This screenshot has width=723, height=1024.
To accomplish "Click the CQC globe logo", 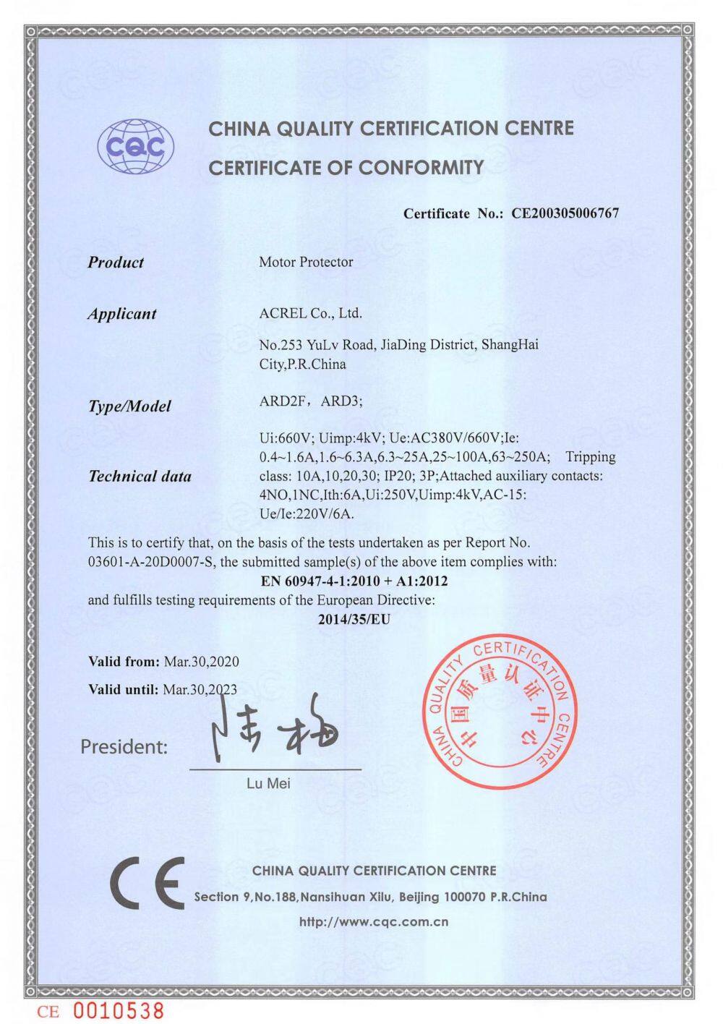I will coord(137,147).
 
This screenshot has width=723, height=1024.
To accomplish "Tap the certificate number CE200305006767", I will coord(565,213).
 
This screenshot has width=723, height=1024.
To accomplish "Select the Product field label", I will coord(116,263).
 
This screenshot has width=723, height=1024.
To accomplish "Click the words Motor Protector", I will coord(306,262).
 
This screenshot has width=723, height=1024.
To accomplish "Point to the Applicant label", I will coord(121,314).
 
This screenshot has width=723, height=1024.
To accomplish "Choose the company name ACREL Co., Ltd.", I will coord(310,313).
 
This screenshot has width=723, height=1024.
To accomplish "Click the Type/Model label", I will coord(129,406).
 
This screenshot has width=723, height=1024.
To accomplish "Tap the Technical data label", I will coord(140,476).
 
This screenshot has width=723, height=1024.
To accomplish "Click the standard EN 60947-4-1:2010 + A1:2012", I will coord(354,581).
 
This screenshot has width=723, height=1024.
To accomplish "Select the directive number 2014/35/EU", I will coord(354,619).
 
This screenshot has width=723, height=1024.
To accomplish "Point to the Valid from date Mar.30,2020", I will coord(201,662).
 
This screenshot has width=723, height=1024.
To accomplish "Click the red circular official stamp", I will coord(500,712).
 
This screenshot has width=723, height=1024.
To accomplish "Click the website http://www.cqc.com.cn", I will coord(374,922).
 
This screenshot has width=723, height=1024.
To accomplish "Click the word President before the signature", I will coord(123,746).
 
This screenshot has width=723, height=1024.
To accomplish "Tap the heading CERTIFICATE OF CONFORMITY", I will coord(346,168).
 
